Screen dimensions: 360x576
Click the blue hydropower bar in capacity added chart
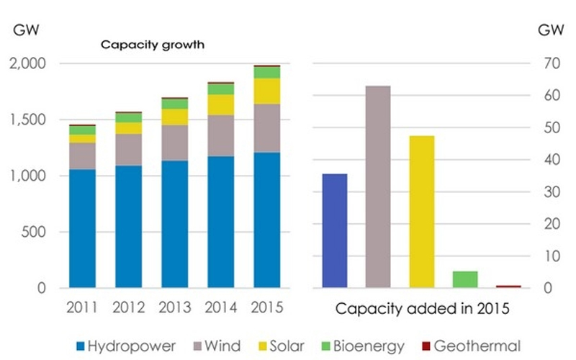pos(334,230)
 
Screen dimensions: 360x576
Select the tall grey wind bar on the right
pos(378,187)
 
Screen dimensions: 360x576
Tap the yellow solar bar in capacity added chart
pos(422,212)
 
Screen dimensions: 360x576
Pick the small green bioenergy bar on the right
pos(465,279)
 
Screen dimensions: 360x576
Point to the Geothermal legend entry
pos(479,346)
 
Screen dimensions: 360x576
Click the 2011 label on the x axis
pos(83,308)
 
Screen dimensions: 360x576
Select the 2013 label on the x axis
pos(174,308)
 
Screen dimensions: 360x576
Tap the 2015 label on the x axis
pos(266,308)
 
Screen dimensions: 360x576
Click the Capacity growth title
pos(152,45)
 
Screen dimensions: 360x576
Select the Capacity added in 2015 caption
pos(422,310)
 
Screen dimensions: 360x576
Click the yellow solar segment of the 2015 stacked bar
pos(266,91)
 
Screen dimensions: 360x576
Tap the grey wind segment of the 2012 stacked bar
pos(129,150)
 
